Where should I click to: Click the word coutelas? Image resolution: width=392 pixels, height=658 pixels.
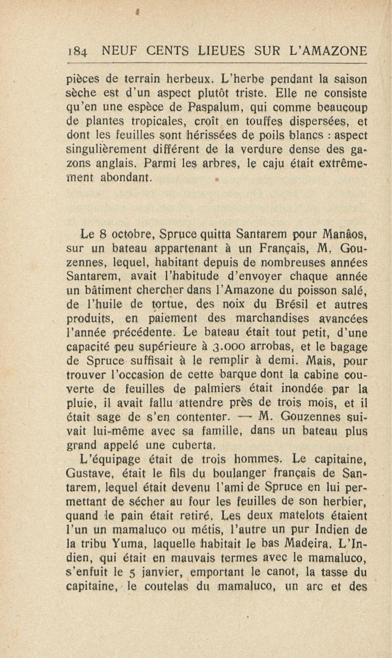pos(166,586)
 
